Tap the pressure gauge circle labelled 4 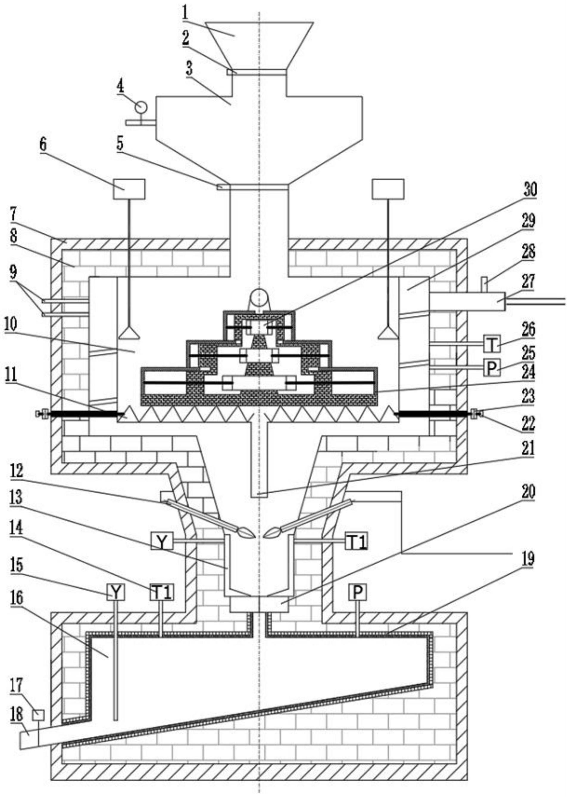tap(141, 106)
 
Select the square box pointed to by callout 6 tap(129, 189)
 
